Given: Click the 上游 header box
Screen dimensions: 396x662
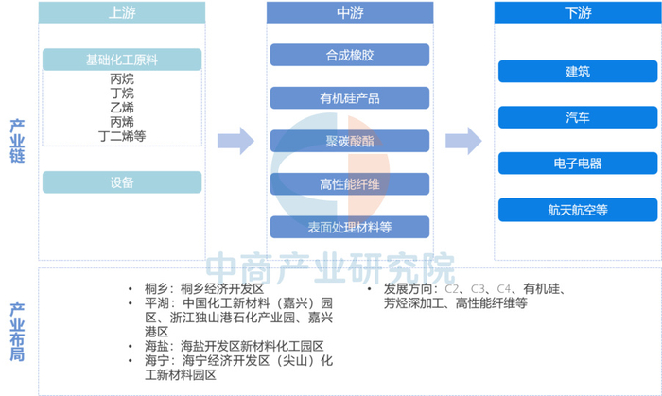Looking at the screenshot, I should (x=122, y=13).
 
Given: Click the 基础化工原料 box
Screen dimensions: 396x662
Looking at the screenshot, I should (x=122, y=60).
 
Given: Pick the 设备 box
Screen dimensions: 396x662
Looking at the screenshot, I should (x=122, y=181).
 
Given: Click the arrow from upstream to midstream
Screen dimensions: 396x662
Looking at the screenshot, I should (x=235, y=141).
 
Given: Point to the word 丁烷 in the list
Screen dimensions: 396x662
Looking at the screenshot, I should (x=122, y=94).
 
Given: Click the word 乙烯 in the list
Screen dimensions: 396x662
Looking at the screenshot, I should (x=122, y=108).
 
